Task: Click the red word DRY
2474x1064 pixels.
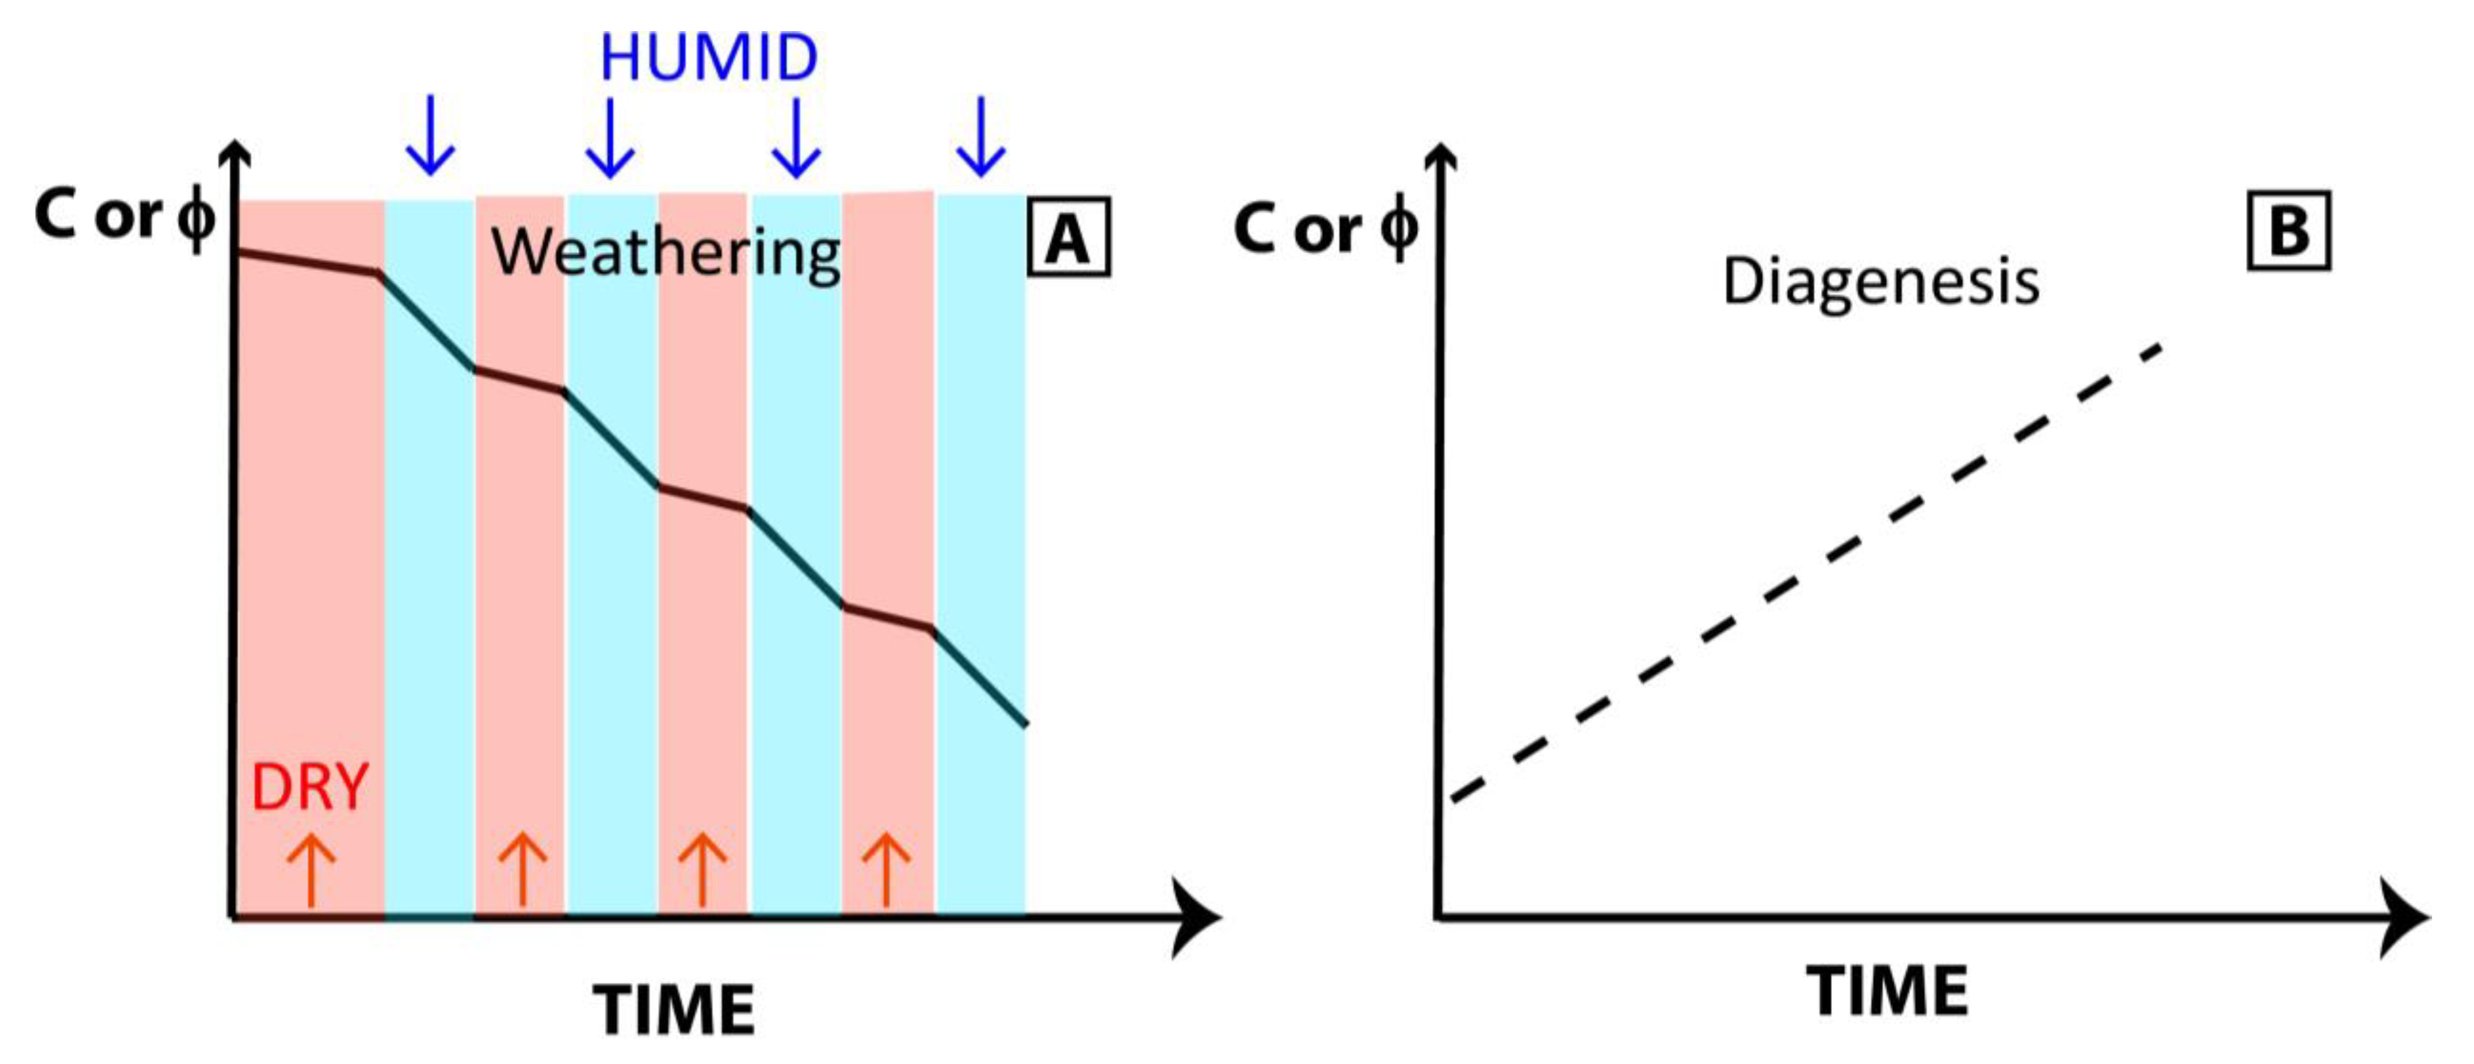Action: click(x=309, y=788)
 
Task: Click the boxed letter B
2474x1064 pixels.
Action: click(x=2289, y=231)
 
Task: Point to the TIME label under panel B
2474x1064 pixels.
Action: click(x=1887, y=991)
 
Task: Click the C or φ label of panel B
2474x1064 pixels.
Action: click(x=1326, y=231)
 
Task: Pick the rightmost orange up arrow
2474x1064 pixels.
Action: click(x=885, y=869)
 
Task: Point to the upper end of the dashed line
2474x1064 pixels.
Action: click(x=2159, y=347)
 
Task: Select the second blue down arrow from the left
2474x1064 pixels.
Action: click(x=610, y=137)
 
